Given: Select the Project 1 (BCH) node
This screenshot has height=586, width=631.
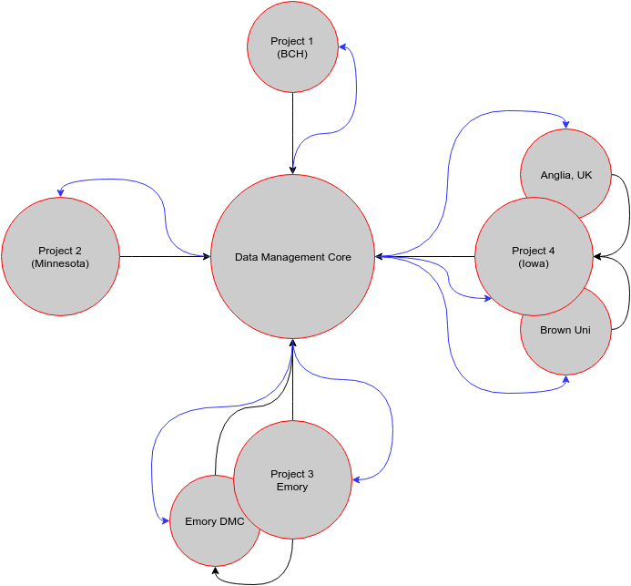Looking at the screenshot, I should click(292, 46).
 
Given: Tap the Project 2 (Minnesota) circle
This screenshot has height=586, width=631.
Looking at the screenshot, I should click(60, 256).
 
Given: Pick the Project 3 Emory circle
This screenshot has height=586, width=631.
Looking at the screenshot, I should click(292, 479).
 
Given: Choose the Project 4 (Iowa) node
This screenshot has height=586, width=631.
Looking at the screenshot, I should click(534, 256).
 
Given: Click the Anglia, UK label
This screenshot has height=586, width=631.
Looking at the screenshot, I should click(565, 175).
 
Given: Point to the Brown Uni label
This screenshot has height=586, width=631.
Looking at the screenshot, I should click(565, 330).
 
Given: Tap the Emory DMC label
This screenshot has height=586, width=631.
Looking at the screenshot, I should click(214, 522).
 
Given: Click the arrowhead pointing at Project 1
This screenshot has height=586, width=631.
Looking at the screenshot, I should click(341, 46).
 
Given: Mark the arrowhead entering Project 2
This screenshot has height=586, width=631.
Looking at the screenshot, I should click(60, 192).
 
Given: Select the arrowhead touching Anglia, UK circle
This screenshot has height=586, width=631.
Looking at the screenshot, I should click(565, 125).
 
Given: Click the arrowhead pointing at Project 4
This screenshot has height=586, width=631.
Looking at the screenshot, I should click(487, 298).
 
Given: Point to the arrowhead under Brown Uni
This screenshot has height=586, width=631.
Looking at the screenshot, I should click(565, 379).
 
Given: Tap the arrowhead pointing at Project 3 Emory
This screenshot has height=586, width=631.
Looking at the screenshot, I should click(357, 478).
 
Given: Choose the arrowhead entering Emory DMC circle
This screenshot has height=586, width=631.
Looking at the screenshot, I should click(166, 521).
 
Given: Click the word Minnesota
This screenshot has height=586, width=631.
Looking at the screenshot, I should click(60, 263).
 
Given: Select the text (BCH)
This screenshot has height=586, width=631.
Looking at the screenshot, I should click(292, 54).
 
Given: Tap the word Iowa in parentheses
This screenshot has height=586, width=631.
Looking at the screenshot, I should click(534, 263).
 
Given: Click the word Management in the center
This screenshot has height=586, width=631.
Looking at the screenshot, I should click(292, 257).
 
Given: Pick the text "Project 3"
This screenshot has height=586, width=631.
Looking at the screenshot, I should click(292, 474).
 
